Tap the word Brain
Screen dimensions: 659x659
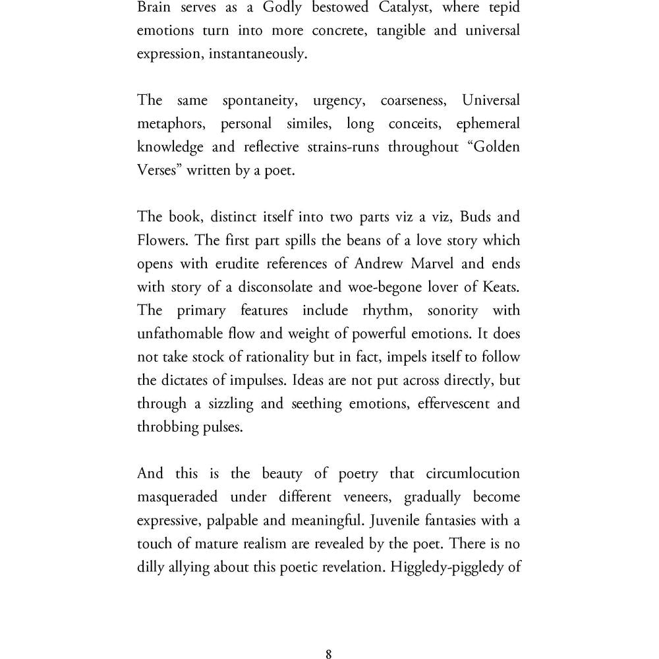[154, 7]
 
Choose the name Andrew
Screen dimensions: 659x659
[380, 264]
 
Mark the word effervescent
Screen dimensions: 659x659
[453, 403]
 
